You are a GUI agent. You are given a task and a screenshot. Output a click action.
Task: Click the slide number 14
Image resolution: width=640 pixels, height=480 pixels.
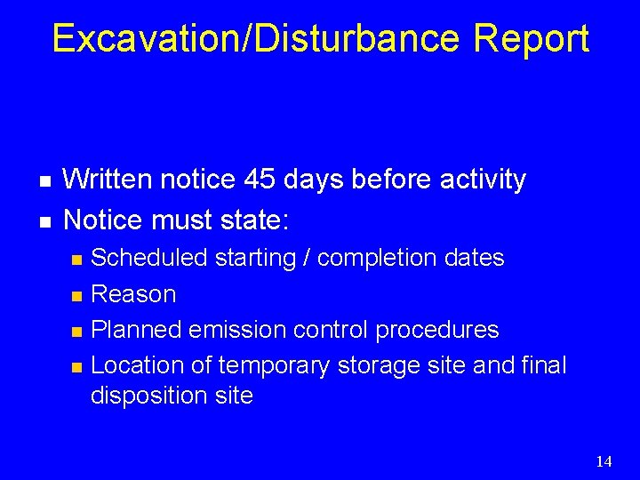[x=604, y=460]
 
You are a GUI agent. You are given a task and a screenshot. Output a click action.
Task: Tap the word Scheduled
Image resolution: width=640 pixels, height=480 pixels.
[x=150, y=259]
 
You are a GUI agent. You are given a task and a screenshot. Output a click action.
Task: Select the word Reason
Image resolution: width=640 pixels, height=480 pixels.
[x=134, y=294]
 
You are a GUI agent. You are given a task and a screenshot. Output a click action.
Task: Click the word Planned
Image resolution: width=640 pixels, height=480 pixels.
[x=136, y=330]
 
